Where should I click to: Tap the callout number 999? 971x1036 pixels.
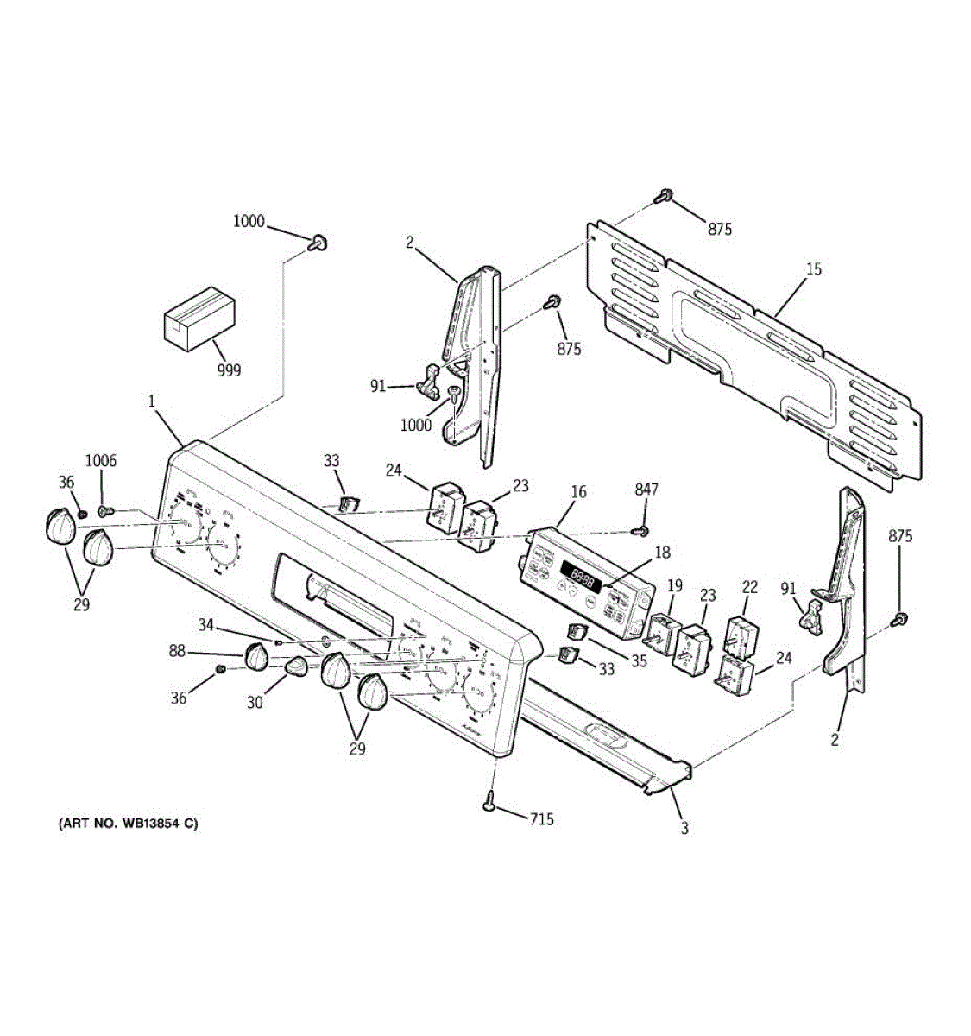(229, 370)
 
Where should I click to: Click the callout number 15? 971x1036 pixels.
(813, 269)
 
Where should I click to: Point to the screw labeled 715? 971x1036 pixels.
(490, 801)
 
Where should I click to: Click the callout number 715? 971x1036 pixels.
(541, 818)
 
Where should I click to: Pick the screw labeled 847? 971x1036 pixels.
(640, 531)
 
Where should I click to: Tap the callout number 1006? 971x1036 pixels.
(100, 461)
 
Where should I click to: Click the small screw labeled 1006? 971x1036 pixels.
(104, 511)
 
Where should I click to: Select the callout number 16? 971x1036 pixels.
(578, 492)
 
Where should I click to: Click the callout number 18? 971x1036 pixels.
(661, 553)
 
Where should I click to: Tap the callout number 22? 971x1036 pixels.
(749, 587)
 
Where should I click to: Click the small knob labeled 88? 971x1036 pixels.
(256, 657)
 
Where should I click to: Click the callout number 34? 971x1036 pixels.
(205, 624)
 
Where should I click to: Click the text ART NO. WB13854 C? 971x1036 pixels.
(128, 823)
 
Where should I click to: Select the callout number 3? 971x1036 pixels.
(684, 829)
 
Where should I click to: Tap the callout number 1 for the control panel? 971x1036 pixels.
(152, 401)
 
